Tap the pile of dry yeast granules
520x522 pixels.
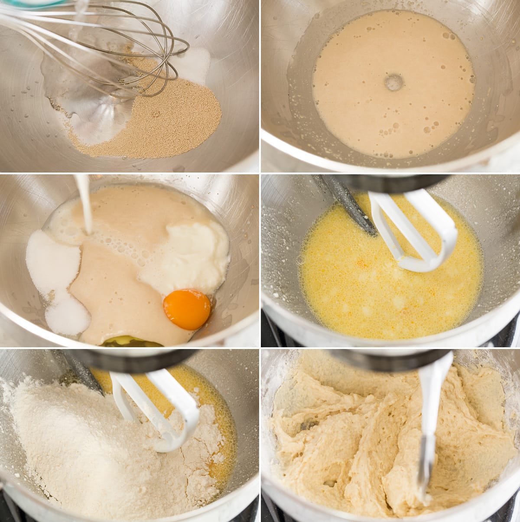(173, 121)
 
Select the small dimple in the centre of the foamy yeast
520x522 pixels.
(393, 82)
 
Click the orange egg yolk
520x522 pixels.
(187, 309)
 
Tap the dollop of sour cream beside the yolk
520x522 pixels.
(191, 256)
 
